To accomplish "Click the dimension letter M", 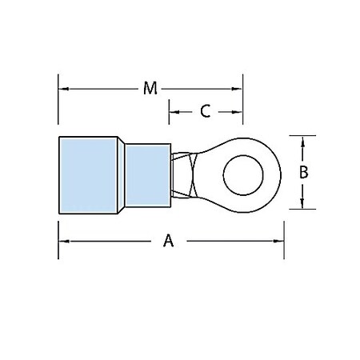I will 150,89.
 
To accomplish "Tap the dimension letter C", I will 205,111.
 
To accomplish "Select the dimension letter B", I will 303,172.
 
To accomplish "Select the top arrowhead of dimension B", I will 303,141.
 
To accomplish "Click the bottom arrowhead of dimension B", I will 303,204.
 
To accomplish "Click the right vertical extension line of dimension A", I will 284,236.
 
